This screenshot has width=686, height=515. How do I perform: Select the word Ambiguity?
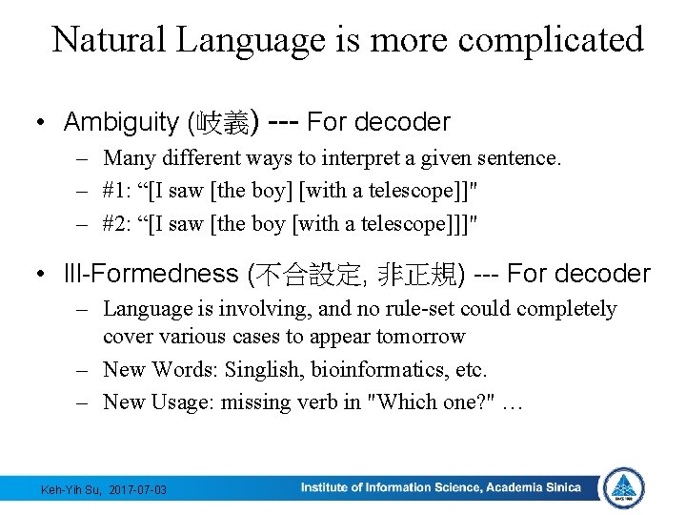click(121, 122)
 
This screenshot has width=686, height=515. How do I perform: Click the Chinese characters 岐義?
click(221, 122)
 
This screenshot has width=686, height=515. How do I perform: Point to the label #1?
click(118, 190)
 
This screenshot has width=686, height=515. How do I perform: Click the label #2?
click(118, 223)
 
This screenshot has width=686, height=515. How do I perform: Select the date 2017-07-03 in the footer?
click(137, 489)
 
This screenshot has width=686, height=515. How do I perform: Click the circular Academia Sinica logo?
click(624, 487)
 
